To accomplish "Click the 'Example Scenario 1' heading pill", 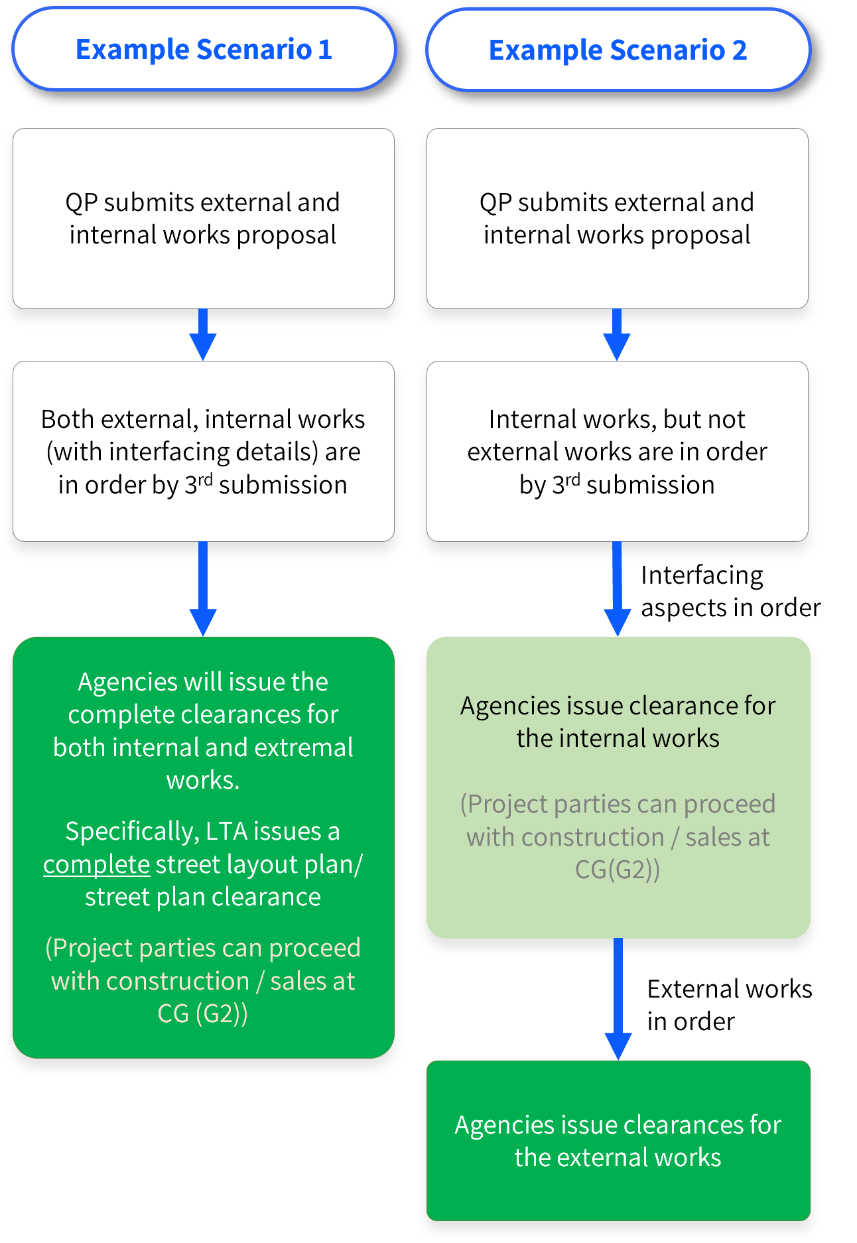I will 204,50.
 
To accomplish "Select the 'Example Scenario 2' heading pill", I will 618,50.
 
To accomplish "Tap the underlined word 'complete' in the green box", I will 97,864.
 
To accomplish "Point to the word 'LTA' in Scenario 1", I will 226,831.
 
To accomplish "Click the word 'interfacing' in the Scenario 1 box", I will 169,452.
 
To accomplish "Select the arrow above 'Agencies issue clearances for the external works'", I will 618,999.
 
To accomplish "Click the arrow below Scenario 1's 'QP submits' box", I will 203,335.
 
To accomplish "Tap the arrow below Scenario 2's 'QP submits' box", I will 617,335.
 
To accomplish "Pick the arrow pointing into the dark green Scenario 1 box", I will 203,589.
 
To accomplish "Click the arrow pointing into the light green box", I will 617,589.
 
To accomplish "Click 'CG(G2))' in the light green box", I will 617,870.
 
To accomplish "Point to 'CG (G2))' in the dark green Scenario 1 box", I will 203,1014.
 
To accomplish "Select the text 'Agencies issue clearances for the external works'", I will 618,1141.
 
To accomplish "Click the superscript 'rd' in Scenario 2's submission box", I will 572,479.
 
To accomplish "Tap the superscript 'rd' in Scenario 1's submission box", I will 205,479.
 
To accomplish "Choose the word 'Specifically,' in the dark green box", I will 131,831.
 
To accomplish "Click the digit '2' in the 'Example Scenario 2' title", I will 740,50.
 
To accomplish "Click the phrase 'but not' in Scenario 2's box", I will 704,419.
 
